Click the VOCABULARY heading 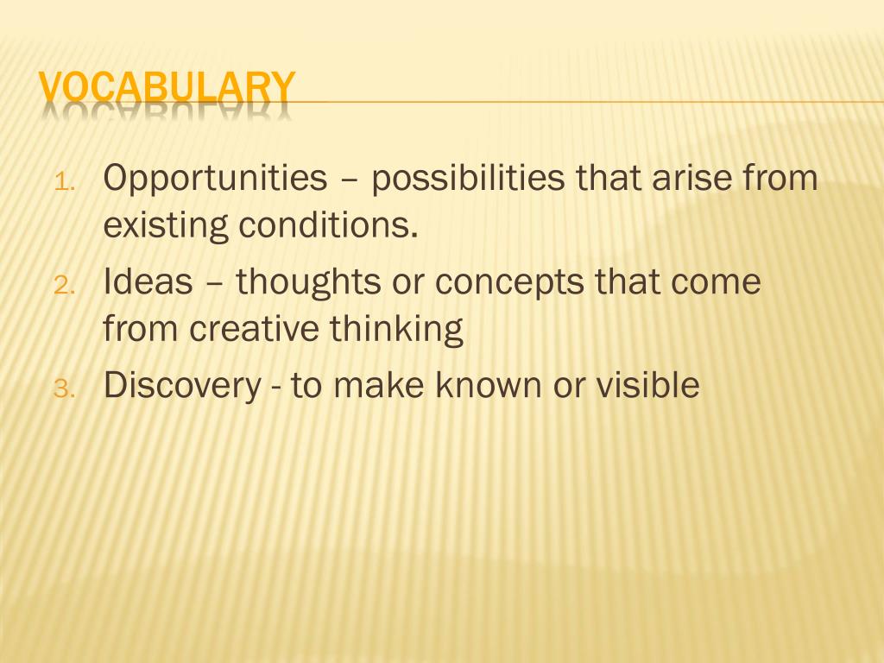pyautogui.click(x=167, y=88)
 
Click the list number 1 pyautogui.click(x=65, y=182)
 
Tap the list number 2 pyautogui.click(x=65, y=286)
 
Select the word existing pyautogui.click(x=166, y=228)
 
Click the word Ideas pyautogui.click(x=148, y=281)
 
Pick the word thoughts pyautogui.click(x=308, y=284)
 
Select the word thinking pyautogui.click(x=396, y=331)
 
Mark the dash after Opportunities pyautogui.click(x=349, y=181)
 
